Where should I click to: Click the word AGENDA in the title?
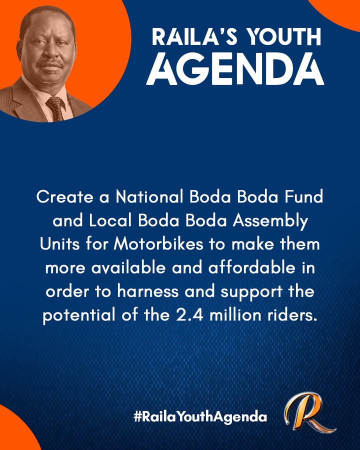pos(235,69)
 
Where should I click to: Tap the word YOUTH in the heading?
pos(284,36)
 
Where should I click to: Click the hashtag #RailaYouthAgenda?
pos(200,416)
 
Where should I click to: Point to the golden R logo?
pos(308,412)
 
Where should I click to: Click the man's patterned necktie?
pos(55,108)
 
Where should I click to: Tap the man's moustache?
pos(50,63)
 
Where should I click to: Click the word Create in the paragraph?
pos(65,197)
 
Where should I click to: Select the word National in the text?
pos(149,197)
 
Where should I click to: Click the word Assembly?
pos(270,221)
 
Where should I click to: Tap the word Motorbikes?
pos(158,244)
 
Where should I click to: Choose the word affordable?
pos(252,268)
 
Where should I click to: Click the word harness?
pos(148,291)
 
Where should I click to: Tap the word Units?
pos(59,244)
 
